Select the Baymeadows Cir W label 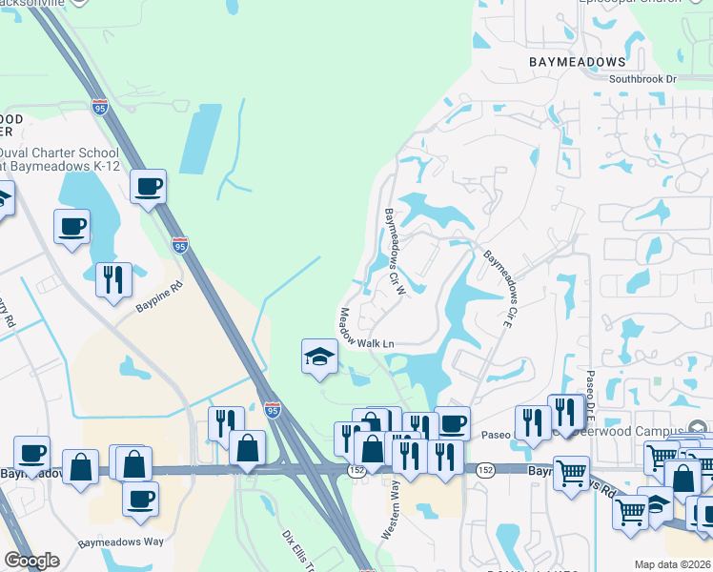[396, 252]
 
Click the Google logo [31, 561]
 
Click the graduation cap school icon [320, 357]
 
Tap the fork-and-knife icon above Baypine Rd [113, 278]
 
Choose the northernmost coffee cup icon [148, 186]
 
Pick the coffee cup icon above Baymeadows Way [141, 498]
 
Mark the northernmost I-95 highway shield [99, 107]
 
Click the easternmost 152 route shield [485, 471]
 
